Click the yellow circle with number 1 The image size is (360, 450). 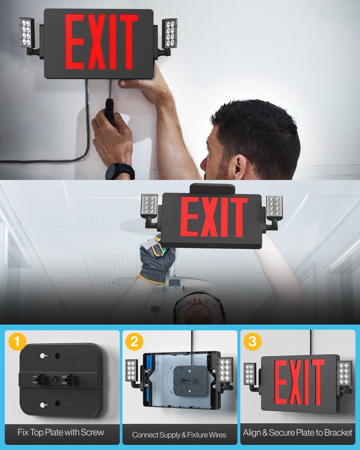17,342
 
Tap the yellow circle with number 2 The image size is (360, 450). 134,342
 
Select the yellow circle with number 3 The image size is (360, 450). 253,342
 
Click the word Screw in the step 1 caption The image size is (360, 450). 92,432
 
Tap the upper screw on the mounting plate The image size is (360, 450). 43,355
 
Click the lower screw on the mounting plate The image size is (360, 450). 43,405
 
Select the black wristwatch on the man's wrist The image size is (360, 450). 120,171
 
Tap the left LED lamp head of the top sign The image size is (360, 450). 27,32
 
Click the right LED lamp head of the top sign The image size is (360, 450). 169,34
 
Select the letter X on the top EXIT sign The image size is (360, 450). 97,42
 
